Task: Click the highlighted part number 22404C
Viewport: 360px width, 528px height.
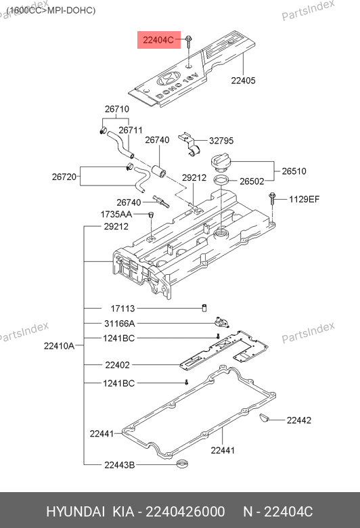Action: (158, 40)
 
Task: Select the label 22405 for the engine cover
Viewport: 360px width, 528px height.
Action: (243, 81)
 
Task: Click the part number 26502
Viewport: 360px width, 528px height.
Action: (252, 181)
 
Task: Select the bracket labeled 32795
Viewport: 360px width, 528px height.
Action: (190, 144)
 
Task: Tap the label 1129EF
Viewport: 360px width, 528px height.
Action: (304, 199)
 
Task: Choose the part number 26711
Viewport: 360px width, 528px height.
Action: (131, 131)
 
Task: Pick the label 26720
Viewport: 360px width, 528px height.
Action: (64, 177)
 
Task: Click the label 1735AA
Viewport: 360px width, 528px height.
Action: (116, 214)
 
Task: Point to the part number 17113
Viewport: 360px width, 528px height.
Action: (122, 309)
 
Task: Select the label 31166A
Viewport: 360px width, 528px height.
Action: (120, 324)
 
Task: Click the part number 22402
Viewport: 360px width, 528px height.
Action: (117, 365)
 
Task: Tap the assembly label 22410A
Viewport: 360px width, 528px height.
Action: (59, 346)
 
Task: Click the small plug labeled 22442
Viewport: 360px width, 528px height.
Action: (264, 418)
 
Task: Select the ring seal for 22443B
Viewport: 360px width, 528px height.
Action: (182, 464)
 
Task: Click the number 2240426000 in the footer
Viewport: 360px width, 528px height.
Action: (185, 512)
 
